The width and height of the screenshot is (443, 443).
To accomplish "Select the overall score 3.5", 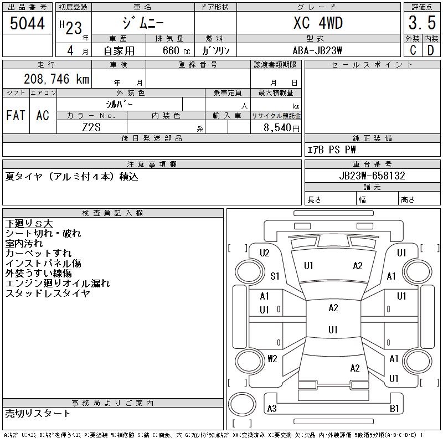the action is pos(420,23).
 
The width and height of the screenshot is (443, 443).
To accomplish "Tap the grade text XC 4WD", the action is pos(318,23).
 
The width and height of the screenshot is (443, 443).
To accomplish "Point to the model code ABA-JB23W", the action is pos(318,50).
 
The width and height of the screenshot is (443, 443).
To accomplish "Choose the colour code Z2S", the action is pos(92,127).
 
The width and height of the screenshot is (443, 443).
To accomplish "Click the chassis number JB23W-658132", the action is pos(372,176).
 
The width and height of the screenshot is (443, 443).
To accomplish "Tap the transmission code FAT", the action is pos(16,115).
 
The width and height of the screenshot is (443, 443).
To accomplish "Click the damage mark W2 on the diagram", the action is pos(272,359).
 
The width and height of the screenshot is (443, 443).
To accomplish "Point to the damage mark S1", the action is pos(275,276).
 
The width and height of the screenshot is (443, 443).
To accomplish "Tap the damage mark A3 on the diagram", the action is pos(272,409).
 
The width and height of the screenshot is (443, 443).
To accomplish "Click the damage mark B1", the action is pos(394,409).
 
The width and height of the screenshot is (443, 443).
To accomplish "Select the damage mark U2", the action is pos(265,253).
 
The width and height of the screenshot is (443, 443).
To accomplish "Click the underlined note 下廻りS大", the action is pos(29,224).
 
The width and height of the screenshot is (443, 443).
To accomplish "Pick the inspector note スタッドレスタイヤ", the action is pos(48,293).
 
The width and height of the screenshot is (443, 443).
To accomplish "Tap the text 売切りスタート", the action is pos(38,413).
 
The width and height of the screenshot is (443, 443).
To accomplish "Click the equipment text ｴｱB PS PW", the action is pos(332,150).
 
